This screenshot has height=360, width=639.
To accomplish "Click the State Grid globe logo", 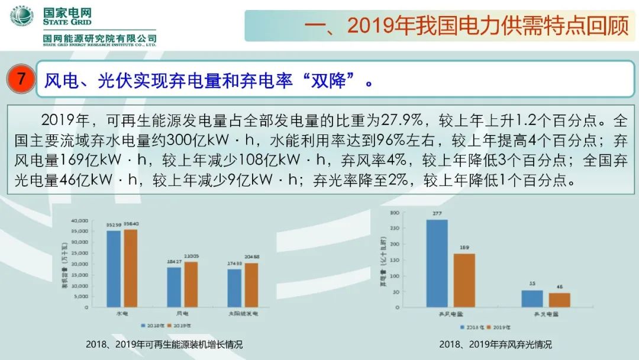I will click(21, 16).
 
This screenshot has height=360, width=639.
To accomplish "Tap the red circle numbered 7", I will click(21, 79).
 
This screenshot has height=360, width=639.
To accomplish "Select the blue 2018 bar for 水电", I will click(114, 268).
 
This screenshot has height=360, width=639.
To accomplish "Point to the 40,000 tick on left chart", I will click(79, 220).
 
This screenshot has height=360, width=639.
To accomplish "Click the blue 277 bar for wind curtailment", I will click(437, 263).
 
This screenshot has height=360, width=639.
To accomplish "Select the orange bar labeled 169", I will click(464, 280).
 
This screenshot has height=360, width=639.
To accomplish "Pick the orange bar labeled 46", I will click(560, 300).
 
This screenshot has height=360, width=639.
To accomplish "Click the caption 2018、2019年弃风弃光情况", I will click(495, 345).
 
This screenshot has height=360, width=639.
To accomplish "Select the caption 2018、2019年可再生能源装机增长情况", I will click(164, 345).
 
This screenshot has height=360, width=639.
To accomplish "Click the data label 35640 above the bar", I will click(131, 224).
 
